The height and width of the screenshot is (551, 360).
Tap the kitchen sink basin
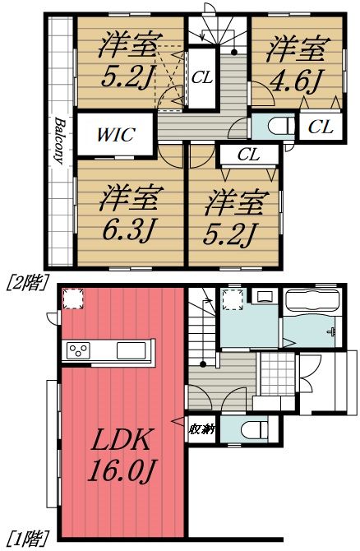(x=132, y=350)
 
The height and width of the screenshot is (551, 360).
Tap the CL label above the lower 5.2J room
(x=247, y=154)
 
